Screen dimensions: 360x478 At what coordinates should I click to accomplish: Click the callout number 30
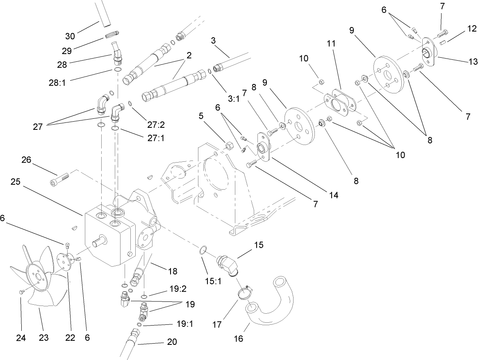pos(71,36)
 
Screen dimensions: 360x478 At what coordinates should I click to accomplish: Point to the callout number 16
pos(239,339)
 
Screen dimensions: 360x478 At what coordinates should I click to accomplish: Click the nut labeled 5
pos(230,145)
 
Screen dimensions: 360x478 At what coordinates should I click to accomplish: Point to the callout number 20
pos(172,342)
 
